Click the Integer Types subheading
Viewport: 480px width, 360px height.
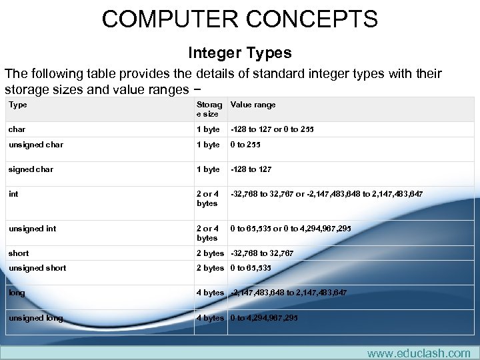(x=239, y=52)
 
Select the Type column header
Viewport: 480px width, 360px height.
(x=18, y=105)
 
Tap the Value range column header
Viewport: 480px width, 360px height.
(x=253, y=105)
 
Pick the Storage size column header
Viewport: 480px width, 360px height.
(x=209, y=109)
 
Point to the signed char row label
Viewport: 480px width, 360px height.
(x=31, y=169)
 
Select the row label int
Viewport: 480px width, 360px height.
(x=13, y=194)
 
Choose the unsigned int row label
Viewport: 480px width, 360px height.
(x=32, y=229)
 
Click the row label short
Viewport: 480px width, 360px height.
(x=19, y=253)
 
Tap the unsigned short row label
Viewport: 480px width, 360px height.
(x=37, y=268)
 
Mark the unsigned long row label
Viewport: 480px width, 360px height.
(x=35, y=318)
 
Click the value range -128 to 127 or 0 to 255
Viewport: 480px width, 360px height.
(x=272, y=129)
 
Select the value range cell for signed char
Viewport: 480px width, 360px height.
(x=251, y=169)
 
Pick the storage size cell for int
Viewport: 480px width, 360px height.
(x=207, y=199)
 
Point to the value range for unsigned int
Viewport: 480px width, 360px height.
(x=291, y=229)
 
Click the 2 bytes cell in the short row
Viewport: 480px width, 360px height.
(x=210, y=253)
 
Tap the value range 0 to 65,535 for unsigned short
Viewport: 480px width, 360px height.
(x=251, y=268)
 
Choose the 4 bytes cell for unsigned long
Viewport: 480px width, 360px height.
(x=210, y=318)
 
